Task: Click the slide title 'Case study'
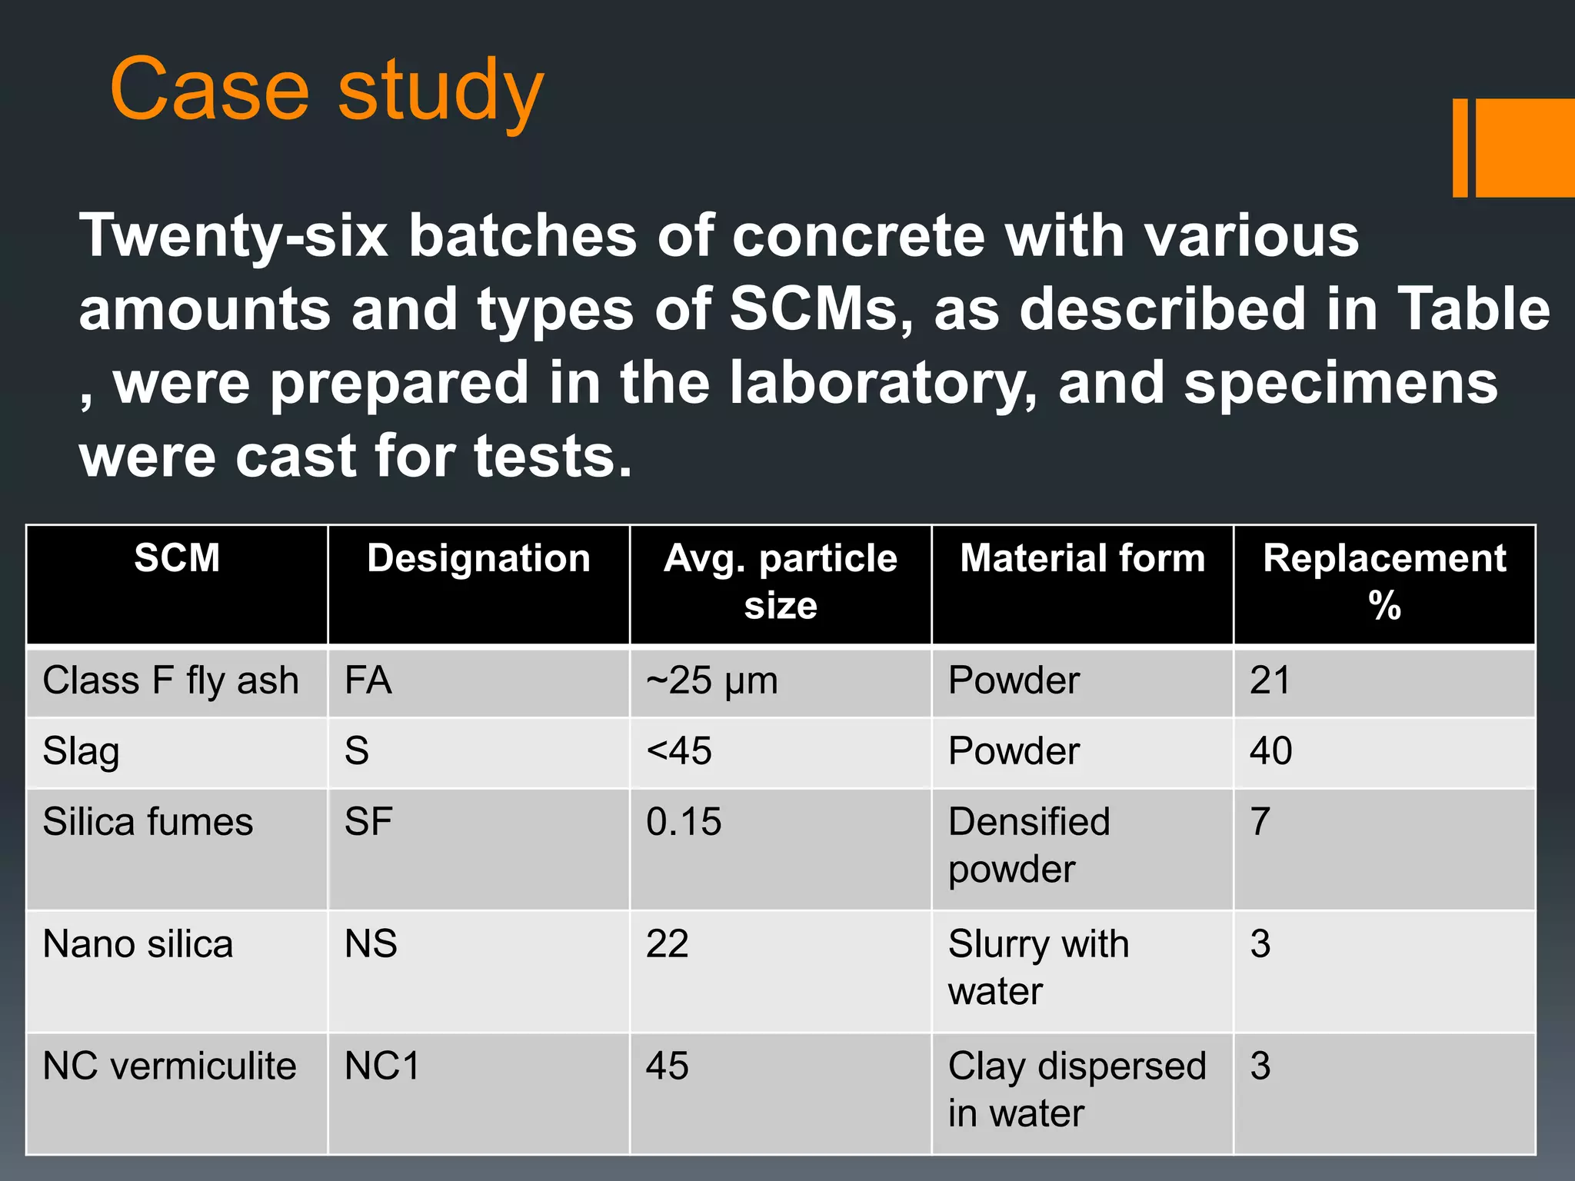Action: [327, 91]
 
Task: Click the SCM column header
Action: [177, 557]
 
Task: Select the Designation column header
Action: [478, 557]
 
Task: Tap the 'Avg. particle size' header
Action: [780, 581]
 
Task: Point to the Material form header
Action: [1082, 557]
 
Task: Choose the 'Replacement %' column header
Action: [1384, 581]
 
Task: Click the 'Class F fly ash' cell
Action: [171, 680]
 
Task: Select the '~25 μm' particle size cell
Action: [712, 680]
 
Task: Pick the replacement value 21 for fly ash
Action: [1270, 680]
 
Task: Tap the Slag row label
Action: [82, 751]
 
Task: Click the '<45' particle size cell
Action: [679, 751]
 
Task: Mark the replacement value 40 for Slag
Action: [1270, 751]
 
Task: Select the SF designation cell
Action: [368, 822]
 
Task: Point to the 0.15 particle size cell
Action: [684, 822]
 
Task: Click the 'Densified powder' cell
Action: [1029, 845]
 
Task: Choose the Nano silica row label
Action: [138, 944]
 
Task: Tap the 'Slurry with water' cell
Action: [1038, 967]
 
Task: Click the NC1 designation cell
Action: [382, 1066]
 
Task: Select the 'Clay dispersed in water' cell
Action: [1077, 1090]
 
